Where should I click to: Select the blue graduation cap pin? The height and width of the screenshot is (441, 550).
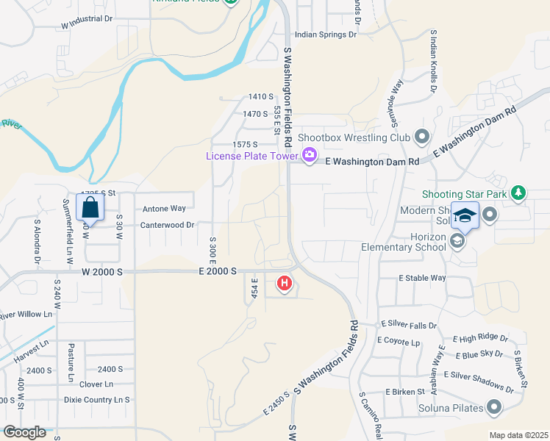click(465, 215)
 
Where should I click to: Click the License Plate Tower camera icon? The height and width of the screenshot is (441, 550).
click(309, 155)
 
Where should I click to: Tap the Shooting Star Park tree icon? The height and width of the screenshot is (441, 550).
click(518, 193)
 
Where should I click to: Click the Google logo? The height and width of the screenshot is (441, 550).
click(24, 432)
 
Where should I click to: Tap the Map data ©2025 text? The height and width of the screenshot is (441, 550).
click(518, 435)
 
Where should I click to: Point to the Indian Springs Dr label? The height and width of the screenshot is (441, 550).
click(326, 34)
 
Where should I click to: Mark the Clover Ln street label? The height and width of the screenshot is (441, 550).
click(96, 384)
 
